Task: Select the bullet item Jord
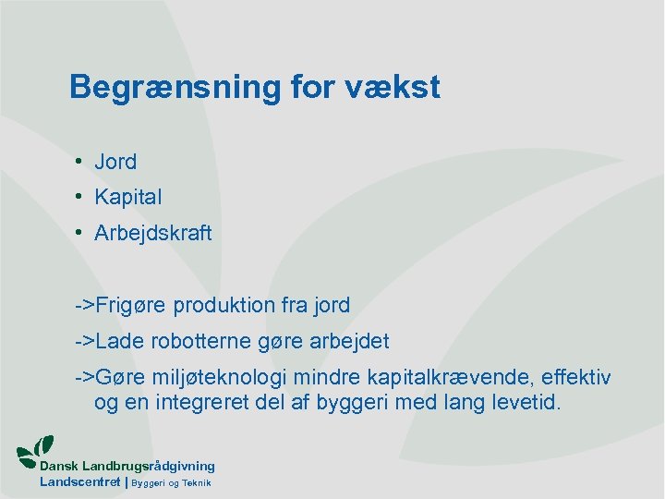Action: click(115, 162)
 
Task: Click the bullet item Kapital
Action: click(127, 197)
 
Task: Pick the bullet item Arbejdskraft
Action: click(152, 233)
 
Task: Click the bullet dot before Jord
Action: click(81, 162)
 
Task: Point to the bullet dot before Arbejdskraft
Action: click(81, 233)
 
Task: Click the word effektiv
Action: click(575, 379)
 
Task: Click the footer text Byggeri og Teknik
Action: click(172, 483)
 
